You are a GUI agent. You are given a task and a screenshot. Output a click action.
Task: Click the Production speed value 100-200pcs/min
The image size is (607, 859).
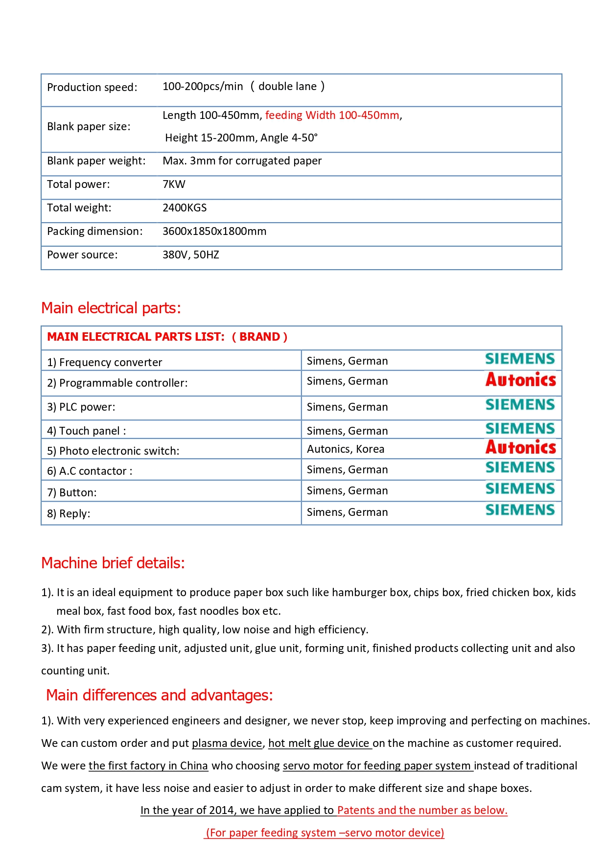click(x=202, y=87)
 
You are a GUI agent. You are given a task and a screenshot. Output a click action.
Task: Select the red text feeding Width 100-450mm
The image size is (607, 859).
click(x=332, y=116)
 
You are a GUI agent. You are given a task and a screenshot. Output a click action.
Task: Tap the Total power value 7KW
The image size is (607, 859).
click(x=174, y=185)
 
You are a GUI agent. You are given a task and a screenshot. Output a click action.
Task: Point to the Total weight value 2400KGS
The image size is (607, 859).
click(x=185, y=208)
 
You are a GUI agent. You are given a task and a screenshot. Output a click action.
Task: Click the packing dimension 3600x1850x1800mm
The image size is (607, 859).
click(x=214, y=232)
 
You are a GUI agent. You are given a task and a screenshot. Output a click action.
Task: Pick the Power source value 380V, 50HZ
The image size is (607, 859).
click(x=190, y=255)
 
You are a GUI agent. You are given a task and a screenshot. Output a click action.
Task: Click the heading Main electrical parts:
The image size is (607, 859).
click(x=111, y=308)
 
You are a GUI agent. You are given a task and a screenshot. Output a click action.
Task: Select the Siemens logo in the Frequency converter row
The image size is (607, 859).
click(x=520, y=359)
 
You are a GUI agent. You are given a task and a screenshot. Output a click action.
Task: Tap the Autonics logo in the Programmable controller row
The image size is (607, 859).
click(x=520, y=380)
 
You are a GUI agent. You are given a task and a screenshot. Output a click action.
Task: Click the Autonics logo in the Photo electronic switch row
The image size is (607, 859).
click(x=520, y=447)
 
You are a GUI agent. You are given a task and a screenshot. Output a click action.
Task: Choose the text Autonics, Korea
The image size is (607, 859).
click(x=345, y=449)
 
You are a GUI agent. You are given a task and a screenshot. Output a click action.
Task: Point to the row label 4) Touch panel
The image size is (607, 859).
click(x=86, y=431)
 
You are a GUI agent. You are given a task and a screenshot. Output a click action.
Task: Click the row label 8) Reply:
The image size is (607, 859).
click(x=69, y=514)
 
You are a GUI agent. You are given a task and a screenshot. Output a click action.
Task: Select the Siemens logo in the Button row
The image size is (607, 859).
click(x=520, y=489)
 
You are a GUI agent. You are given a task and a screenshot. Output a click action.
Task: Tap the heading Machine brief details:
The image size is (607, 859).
click(x=113, y=563)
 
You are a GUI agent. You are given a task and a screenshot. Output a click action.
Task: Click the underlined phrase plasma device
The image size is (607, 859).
click(x=227, y=743)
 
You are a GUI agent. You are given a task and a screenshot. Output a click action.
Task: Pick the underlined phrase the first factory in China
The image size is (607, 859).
click(x=148, y=766)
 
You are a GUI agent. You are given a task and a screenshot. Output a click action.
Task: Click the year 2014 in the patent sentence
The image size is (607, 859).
click(x=221, y=811)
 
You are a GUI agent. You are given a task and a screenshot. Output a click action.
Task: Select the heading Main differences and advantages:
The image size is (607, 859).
click(x=160, y=696)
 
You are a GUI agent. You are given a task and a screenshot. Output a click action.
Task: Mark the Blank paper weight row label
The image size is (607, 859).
click(x=96, y=161)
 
